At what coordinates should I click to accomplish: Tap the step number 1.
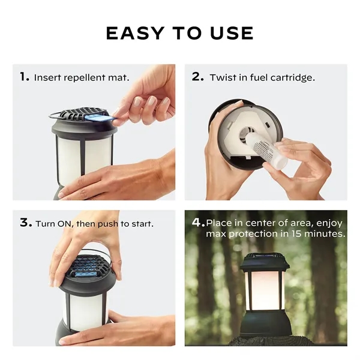[24, 77]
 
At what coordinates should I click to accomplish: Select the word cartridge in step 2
[293, 77]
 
